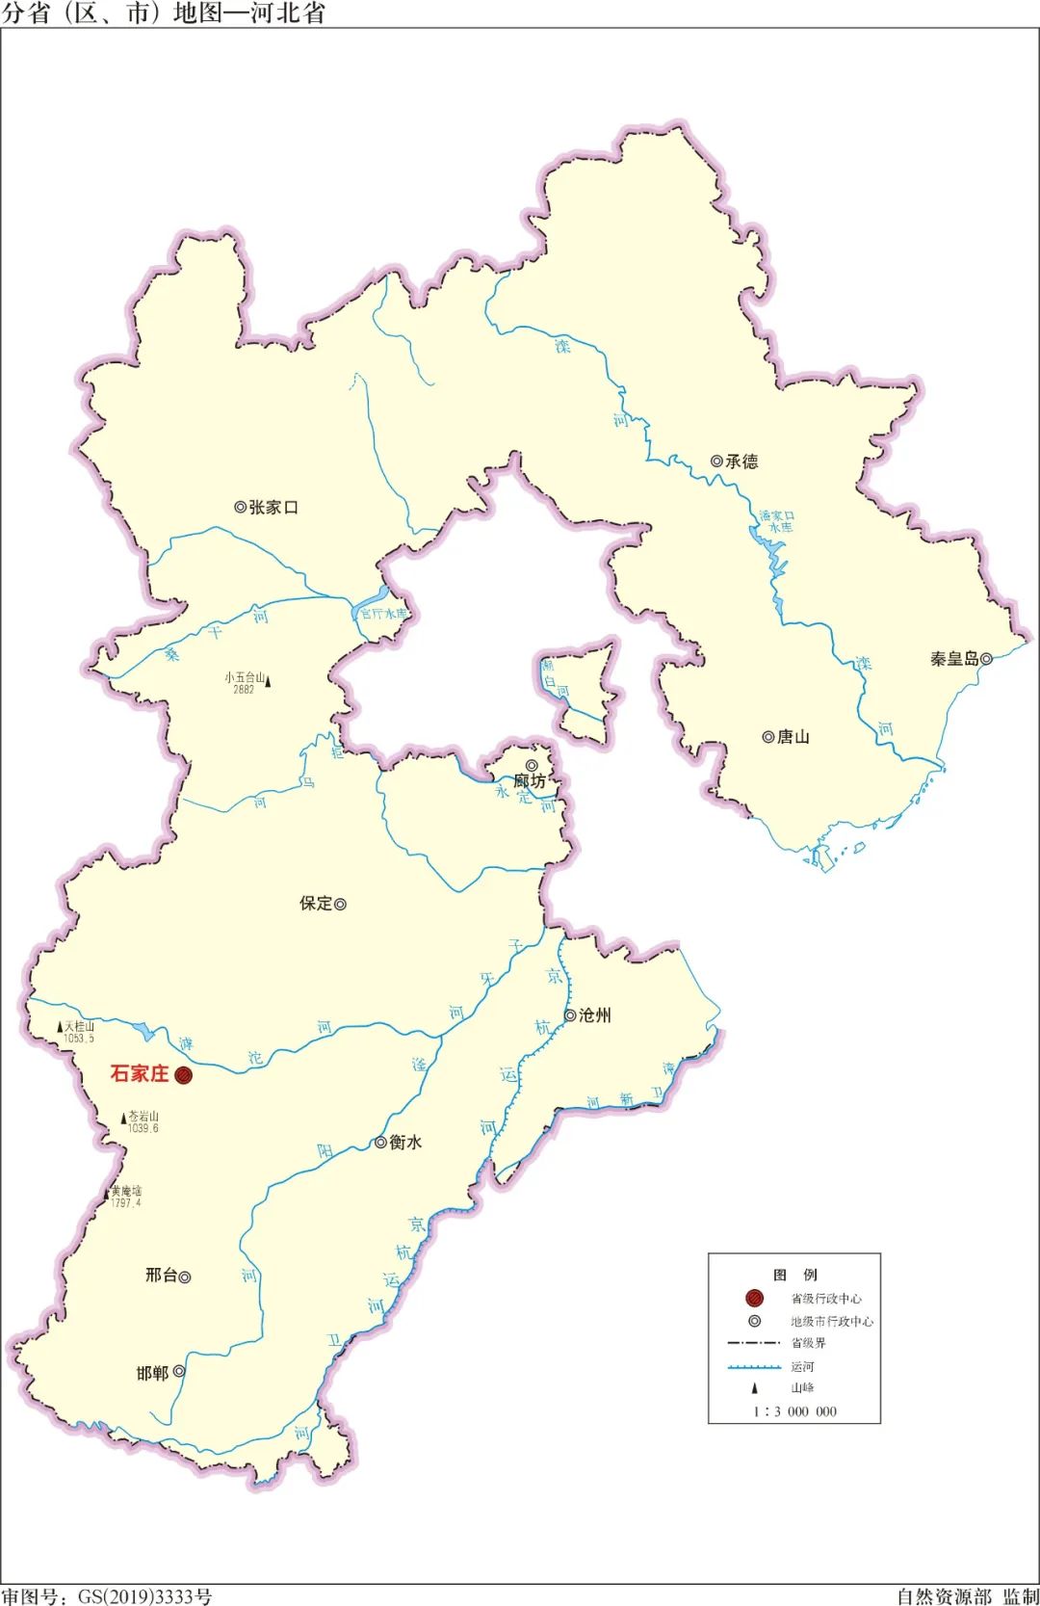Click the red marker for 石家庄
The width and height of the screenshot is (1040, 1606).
pos(183,1075)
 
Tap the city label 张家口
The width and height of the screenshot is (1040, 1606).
pos(273,508)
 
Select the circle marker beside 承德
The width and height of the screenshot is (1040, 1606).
pos(716,461)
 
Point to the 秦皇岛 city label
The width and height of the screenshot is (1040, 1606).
pos(953,659)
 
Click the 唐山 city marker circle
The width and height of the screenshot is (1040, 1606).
pos(767,737)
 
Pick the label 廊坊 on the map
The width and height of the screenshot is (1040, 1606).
pos(529,781)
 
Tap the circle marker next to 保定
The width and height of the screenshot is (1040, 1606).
pos(340,905)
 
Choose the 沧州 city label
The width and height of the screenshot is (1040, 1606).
pos(594,1015)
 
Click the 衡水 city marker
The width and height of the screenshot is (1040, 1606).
pos(381,1143)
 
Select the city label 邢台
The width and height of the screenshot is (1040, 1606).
pos(161,1276)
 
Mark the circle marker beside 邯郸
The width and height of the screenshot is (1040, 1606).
pos(179,1372)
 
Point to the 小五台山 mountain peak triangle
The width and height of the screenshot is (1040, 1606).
pos(268,682)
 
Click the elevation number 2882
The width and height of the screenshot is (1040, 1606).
pos(244,690)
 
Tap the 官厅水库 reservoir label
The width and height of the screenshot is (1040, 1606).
pos(383,614)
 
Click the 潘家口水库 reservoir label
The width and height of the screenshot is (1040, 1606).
pos(776,521)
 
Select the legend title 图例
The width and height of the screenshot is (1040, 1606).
pos(794,1275)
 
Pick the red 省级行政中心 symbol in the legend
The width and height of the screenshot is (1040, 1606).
pos(754,1299)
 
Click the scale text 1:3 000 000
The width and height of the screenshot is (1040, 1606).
pos(794,1411)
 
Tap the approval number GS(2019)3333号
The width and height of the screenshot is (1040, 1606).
pos(144,1596)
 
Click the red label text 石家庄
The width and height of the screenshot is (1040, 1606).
pos(140,1073)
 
